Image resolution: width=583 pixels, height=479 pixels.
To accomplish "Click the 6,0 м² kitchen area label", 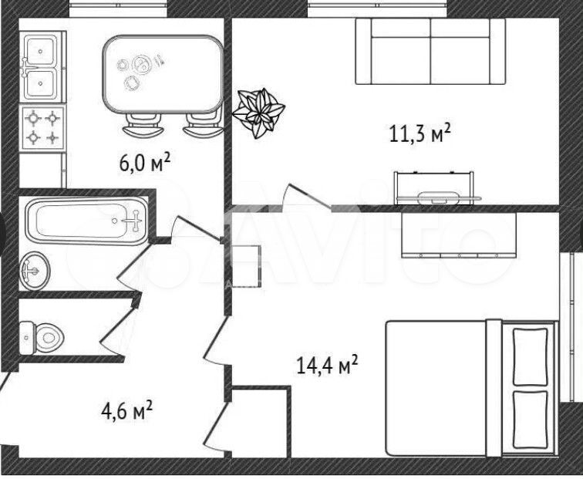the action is coord(145,162).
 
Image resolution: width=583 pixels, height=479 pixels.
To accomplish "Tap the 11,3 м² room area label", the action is coord(420,133).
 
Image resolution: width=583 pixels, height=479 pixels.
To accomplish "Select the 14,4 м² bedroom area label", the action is coord(327,364).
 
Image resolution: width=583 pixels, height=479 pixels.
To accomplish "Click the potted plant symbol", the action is coord(259,113).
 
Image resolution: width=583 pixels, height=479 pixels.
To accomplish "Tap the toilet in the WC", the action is coord(41,338).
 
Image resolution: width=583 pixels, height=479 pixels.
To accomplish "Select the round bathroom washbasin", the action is coord(35,271).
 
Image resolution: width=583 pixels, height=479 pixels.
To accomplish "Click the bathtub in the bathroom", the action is coord(87,221).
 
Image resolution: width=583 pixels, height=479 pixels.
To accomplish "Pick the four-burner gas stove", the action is coord(42,127).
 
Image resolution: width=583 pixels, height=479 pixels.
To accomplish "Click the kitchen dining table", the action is coord(163,74).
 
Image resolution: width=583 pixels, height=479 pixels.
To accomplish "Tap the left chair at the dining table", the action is coord(143,126).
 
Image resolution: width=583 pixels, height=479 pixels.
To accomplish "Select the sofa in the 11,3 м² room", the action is coord(430,52).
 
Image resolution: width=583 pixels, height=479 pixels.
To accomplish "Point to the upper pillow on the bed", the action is coord(531,356).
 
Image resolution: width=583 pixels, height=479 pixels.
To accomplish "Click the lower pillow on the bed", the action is coord(531,420).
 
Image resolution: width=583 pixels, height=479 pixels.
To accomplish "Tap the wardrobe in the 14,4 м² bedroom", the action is coord(459,235).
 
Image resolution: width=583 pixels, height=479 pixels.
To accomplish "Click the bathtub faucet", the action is coord(133,221).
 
